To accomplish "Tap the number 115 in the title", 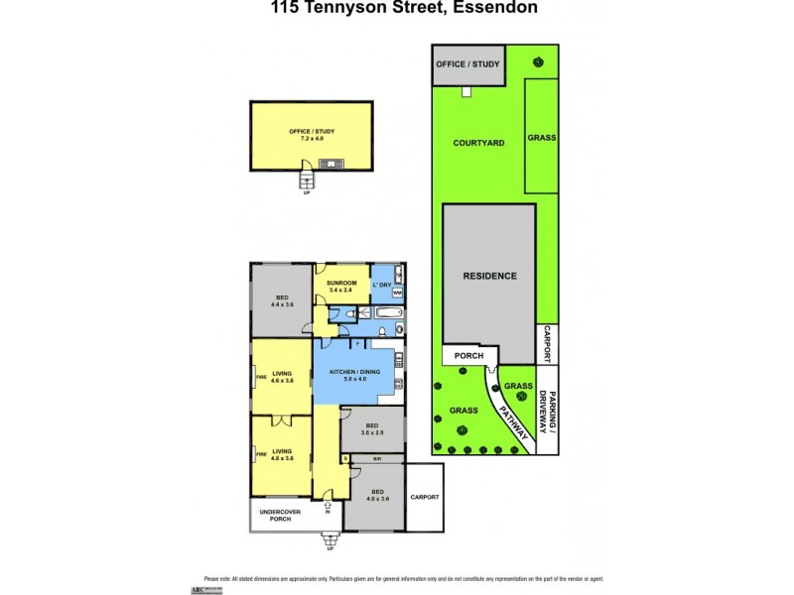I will point(287,9).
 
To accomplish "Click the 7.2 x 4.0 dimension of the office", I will point(312,139).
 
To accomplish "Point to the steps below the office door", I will point(308,180).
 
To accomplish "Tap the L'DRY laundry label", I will point(382,286).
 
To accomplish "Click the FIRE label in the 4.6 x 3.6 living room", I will point(260,377).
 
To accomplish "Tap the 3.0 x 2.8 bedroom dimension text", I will point(371,433).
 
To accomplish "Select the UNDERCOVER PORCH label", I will point(279,516).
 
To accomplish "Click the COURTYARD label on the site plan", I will point(479,143).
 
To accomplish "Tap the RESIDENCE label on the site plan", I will point(489,276).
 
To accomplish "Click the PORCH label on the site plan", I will point(467,356).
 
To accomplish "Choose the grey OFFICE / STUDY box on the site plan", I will point(468,65).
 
